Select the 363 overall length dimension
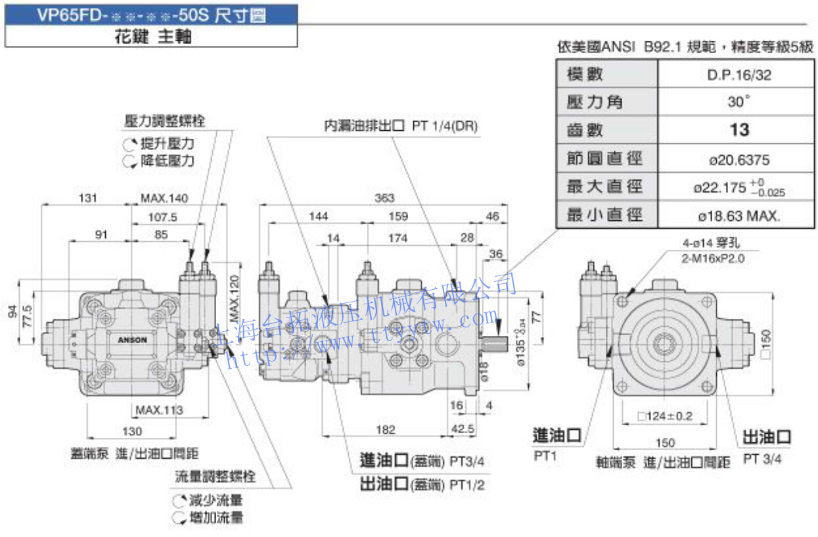pos(384,197)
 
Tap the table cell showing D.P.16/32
pos(739,75)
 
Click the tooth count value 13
pos(739,130)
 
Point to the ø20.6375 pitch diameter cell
pos(739,159)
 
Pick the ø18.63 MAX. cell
pos(739,215)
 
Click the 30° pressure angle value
pos(739,103)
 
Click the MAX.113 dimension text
pos(160,411)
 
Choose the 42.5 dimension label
pos(463,429)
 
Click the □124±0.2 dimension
pos(664,415)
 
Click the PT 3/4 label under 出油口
pos(762,459)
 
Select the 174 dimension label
pos(398,238)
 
